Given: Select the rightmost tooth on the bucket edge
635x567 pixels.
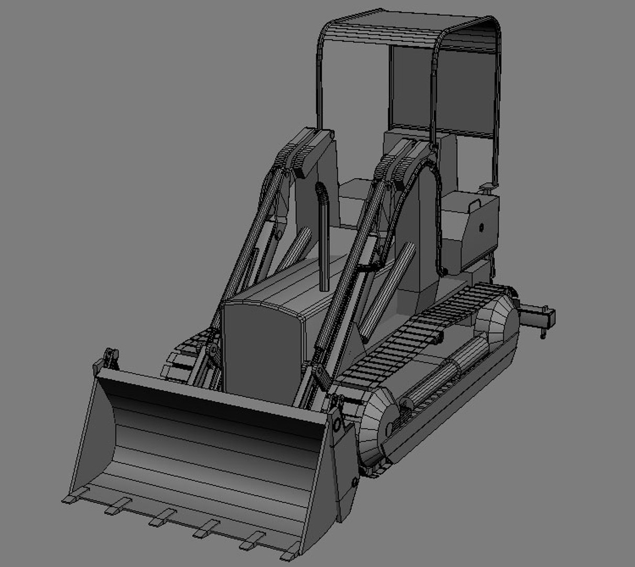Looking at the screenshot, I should coord(290,552).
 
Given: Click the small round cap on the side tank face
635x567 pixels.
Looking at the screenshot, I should coord(481,227).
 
